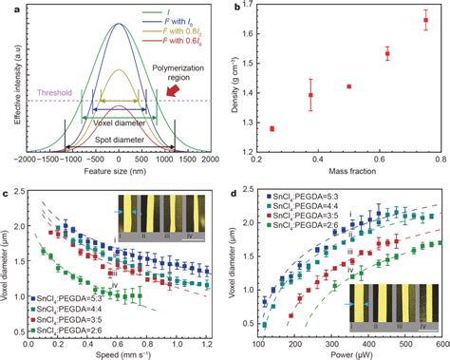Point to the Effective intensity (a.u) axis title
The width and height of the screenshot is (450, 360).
(8, 80)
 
